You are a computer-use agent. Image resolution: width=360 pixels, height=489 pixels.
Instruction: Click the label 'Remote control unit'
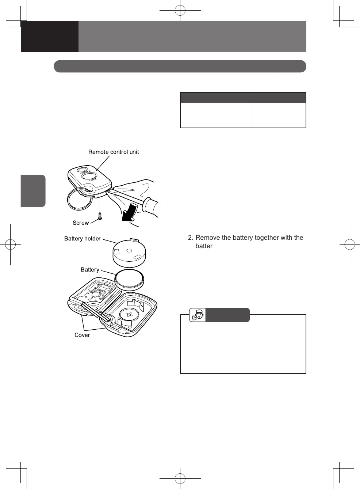click(114, 152)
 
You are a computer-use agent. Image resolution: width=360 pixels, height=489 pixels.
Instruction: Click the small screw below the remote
click(100, 216)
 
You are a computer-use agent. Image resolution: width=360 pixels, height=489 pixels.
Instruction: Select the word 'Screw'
click(81, 223)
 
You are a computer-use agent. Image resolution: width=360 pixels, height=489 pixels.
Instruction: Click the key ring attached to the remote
click(80, 199)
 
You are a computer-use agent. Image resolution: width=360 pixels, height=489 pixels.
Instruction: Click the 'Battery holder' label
click(82, 239)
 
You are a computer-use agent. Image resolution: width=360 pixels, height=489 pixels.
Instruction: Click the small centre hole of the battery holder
click(129, 251)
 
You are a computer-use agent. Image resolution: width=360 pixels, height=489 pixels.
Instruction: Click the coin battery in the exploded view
click(129, 280)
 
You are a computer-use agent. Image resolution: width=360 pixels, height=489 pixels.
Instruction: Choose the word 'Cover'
click(82, 335)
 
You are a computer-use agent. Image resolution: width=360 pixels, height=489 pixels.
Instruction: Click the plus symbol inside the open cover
click(129, 315)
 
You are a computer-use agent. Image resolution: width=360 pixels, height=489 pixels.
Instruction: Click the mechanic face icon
click(198, 315)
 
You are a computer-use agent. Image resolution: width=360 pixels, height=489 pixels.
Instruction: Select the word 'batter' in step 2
click(204, 246)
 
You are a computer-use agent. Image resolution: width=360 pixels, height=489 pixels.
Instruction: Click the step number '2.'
click(191, 238)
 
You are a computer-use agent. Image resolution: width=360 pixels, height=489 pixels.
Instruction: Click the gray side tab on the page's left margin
click(33, 191)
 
